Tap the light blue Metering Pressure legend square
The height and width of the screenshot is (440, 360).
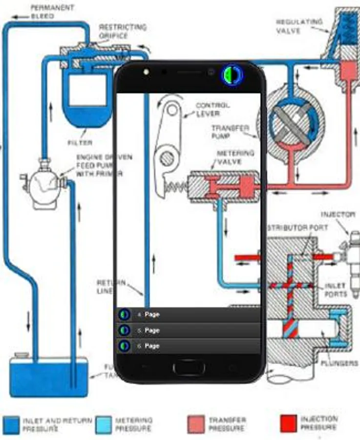click(x=104, y=424)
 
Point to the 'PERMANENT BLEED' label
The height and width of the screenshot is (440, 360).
click(x=45, y=12)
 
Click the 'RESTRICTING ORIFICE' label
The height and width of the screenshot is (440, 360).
click(x=122, y=31)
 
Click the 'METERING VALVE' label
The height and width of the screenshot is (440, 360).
click(x=235, y=157)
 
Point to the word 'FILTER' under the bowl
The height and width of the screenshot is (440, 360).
click(x=80, y=143)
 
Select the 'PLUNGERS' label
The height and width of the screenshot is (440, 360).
click(x=339, y=363)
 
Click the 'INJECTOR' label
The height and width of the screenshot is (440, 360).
click(x=338, y=214)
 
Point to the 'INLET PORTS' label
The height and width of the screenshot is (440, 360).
click(x=336, y=290)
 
